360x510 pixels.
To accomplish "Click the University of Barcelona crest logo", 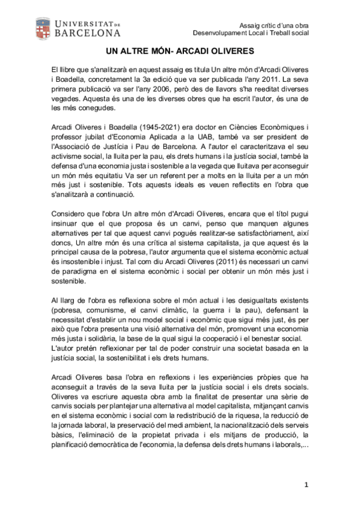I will pos(43,28).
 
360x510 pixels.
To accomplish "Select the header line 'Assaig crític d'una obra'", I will pos(273,25).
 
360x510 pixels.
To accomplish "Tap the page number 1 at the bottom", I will pos(306,484).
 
